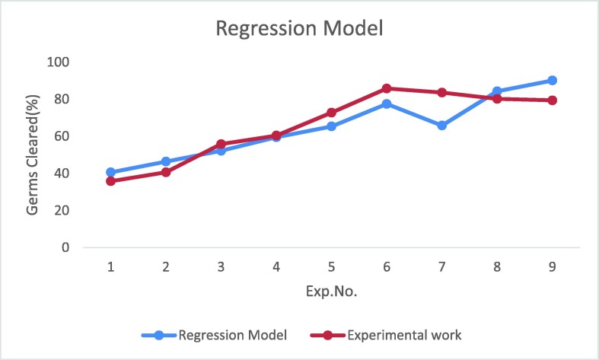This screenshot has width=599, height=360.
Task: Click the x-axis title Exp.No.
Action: click(x=332, y=291)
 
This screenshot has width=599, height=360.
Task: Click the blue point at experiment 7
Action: click(x=441, y=126)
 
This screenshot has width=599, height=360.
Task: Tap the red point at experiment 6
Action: click(x=387, y=88)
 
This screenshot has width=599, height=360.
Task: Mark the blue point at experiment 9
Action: click(x=552, y=81)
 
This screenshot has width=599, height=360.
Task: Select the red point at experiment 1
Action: click(x=111, y=181)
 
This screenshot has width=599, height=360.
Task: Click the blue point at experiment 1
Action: click(x=111, y=173)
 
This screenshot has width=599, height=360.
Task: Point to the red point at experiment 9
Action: click(x=552, y=100)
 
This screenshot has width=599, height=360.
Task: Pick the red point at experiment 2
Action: click(x=166, y=172)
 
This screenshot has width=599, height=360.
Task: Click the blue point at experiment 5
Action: click(x=331, y=126)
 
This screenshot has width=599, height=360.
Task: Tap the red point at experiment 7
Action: click(x=441, y=93)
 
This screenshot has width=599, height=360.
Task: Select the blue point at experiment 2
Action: click(x=166, y=162)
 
